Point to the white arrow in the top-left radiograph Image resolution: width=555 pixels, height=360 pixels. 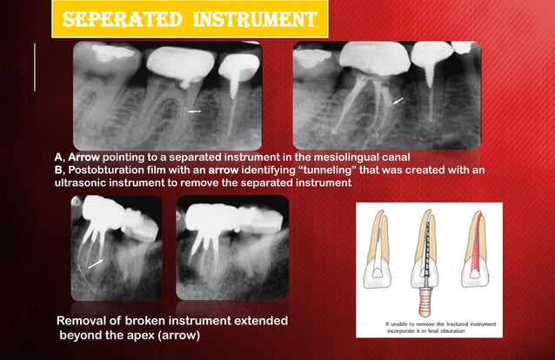point(194,112)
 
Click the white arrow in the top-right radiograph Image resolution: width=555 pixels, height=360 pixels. point(398,102)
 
